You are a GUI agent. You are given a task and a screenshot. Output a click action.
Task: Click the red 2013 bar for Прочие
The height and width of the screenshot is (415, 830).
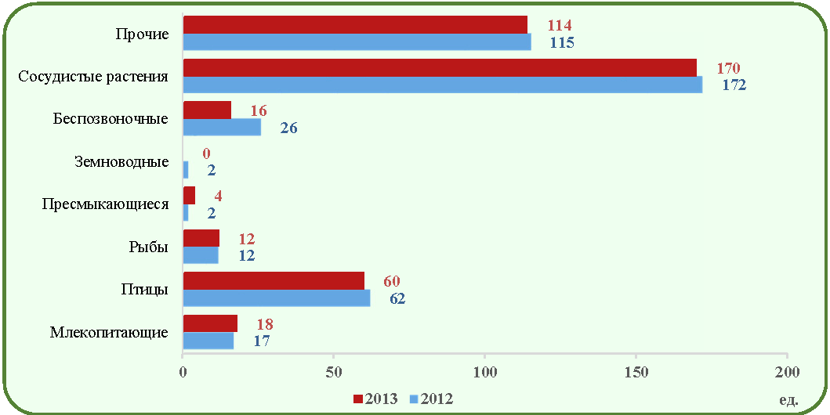(x=355, y=25)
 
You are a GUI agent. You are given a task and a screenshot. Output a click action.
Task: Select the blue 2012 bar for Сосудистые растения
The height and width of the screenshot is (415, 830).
(x=443, y=85)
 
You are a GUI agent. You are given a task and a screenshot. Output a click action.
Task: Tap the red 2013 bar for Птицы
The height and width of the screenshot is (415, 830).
(x=274, y=281)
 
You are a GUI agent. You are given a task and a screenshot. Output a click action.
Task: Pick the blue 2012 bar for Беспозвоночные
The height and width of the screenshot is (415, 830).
(x=222, y=128)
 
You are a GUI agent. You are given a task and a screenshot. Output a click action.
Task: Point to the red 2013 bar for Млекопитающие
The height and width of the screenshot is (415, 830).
(x=210, y=323)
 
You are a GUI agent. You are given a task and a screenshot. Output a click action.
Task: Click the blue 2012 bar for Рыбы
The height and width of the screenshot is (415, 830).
(x=201, y=255)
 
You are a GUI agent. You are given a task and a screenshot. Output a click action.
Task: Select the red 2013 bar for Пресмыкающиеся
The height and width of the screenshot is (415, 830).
(x=189, y=196)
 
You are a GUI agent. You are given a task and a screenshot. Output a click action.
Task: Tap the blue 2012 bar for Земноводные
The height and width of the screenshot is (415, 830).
(x=185, y=170)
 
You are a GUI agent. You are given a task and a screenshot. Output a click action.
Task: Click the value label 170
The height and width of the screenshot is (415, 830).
(x=728, y=68)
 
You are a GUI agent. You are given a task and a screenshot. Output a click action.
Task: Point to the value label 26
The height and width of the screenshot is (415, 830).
(x=288, y=128)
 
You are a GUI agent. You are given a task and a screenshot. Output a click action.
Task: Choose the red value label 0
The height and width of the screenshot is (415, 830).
(x=206, y=153)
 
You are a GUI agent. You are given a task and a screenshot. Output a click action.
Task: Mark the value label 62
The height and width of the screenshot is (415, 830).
(x=397, y=298)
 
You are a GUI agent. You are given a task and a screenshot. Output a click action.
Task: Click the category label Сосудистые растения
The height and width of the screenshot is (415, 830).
(x=93, y=77)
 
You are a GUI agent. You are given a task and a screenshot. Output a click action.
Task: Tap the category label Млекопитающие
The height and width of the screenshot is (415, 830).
(x=110, y=333)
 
